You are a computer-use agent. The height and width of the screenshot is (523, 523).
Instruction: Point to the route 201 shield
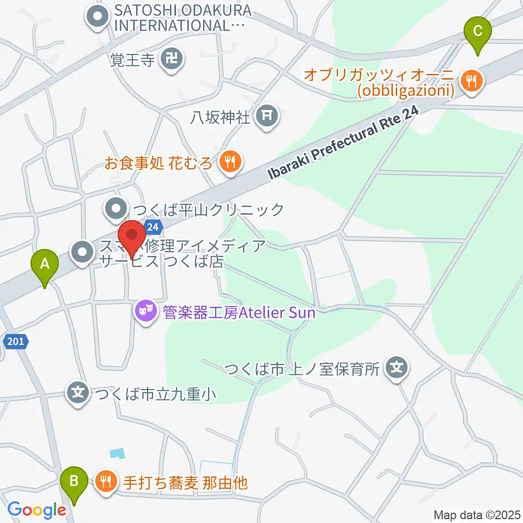[x=16, y=342]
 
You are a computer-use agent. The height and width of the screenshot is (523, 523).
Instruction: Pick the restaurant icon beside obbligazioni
[x=469, y=81]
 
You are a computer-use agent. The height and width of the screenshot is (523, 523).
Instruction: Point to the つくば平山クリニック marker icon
[x=115, y=209]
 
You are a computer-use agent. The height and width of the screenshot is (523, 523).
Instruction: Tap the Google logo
[x=37, y=510]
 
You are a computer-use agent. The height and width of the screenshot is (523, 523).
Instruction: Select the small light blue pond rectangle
[x=116, y=453]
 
